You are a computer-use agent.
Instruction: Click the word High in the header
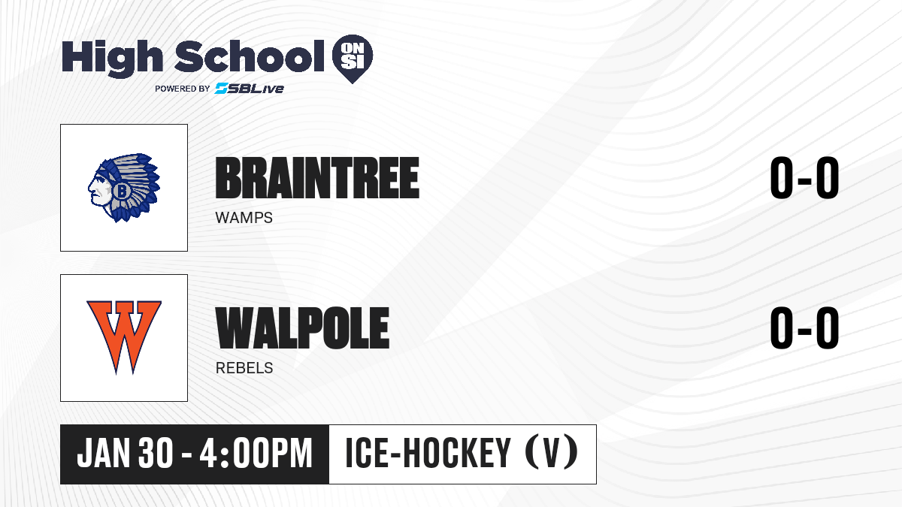[x=113, y=59]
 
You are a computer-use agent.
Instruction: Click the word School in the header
[x=250, y=56]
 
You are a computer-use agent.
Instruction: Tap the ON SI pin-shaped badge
[x=353, y=59]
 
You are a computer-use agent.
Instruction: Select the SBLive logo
[x=250, y=88]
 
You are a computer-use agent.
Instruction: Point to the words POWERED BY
[x=183, y=89]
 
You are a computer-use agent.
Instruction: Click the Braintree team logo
[x=124, y=188]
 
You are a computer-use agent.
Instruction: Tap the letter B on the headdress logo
[x=121, y=191]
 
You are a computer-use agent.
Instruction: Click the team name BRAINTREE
[x=317, y=178]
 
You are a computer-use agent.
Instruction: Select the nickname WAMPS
[x=244, y=218]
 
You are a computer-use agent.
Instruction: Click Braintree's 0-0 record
[x=804, y=178]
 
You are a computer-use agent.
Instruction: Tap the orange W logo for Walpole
[x=124, y=337]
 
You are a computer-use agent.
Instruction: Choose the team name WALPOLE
[x=302, y=328]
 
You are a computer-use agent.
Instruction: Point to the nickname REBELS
[x=244, y=368]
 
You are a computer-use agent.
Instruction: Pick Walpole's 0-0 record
[x=804, y=328]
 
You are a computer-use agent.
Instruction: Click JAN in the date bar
[x=104, y=453]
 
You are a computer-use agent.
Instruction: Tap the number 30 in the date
[x=156, y=453]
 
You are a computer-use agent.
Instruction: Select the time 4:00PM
[x=256, y=453]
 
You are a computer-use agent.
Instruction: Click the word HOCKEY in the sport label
[x=457, y=453]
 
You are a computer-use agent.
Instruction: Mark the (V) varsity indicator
[x=552, y=453]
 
